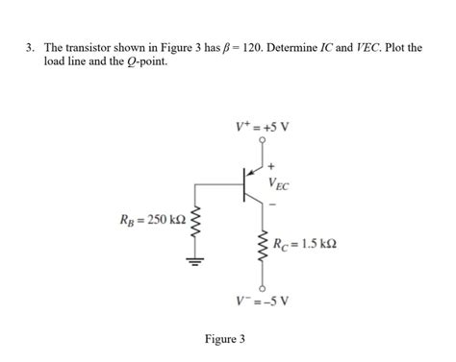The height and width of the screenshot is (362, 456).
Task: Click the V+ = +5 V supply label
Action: point(263,126)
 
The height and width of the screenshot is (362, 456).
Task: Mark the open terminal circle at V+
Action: point(262,139)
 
